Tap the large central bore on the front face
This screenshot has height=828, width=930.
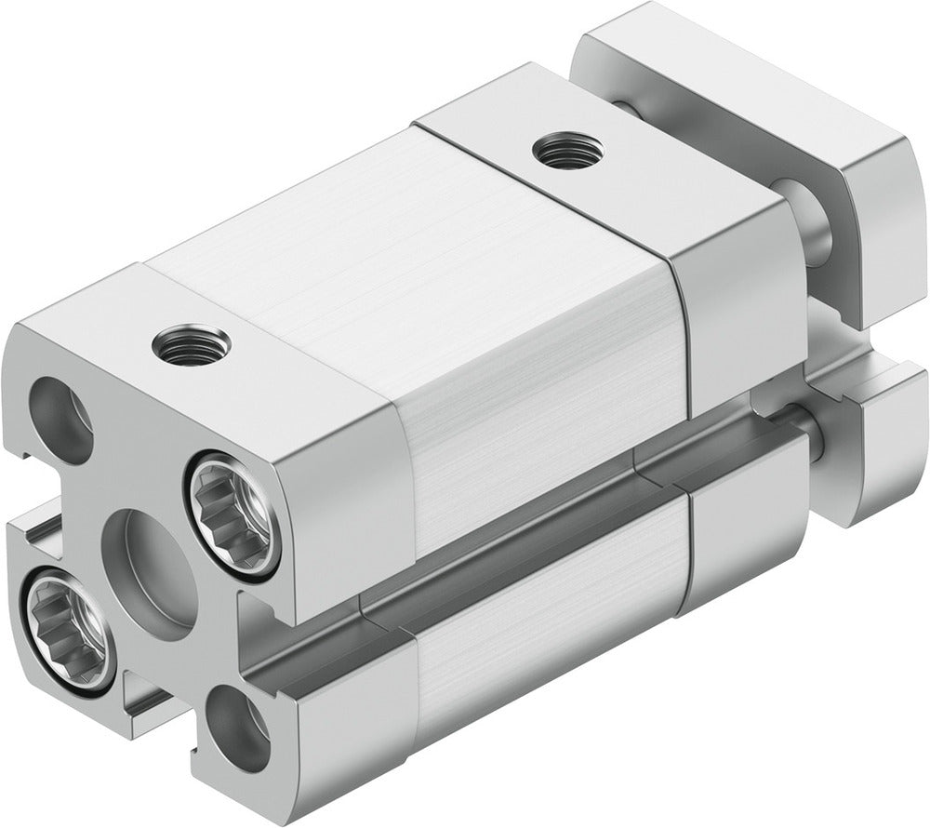click(149, 568)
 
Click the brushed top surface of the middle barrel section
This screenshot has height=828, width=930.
click(372, 242)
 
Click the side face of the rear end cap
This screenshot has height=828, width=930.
click(735, 316)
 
